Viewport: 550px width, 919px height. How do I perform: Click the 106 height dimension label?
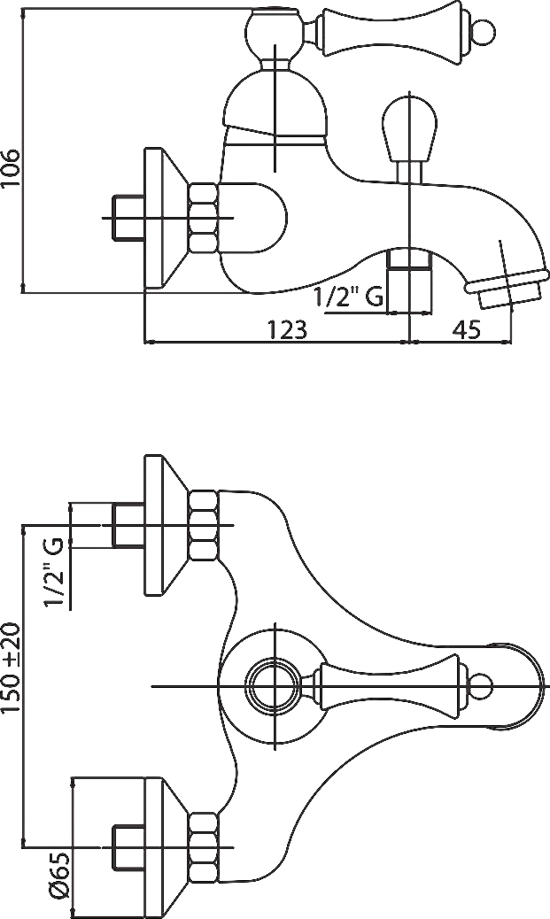(x=10, y=168)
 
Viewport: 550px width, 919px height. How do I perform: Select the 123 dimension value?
(x=287, y=330)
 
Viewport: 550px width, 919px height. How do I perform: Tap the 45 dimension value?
(x=467, y=330)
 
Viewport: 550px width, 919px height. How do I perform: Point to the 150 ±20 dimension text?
(x=11, y=668)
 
